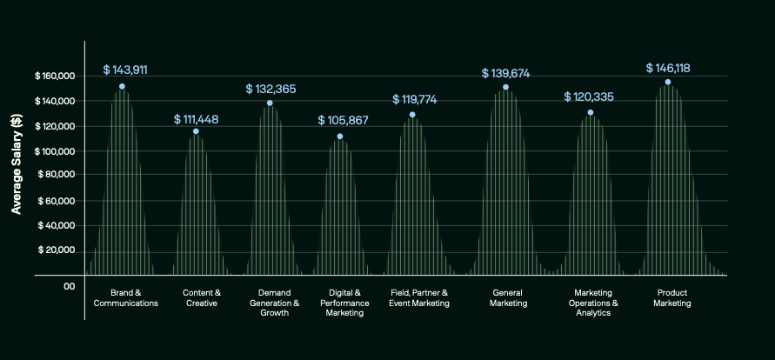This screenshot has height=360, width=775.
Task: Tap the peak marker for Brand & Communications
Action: (122, 86)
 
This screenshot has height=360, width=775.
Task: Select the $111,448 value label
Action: (196, 118)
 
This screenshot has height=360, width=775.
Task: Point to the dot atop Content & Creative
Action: (196, 131)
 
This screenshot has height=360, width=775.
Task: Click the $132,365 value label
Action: (271, 89)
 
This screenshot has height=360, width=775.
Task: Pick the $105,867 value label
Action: (343, 120)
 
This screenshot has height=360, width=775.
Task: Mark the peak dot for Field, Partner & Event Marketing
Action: (412, 115)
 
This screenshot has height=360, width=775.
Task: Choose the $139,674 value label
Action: (505, 73)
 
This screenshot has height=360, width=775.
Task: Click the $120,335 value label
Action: (590, 97)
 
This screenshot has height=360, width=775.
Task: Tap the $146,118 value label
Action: (668, 68)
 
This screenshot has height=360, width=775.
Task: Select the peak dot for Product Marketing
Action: (667, 82)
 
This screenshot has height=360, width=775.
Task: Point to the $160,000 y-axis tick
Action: (56, 77)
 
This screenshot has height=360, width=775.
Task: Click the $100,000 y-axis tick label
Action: (56, 151)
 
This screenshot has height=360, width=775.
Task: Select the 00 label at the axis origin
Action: (70, 286)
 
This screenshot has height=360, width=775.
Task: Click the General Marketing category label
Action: (508, 298)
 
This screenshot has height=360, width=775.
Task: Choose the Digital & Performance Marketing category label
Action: (344, 303)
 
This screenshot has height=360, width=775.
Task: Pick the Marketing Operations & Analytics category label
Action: (592, 303)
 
